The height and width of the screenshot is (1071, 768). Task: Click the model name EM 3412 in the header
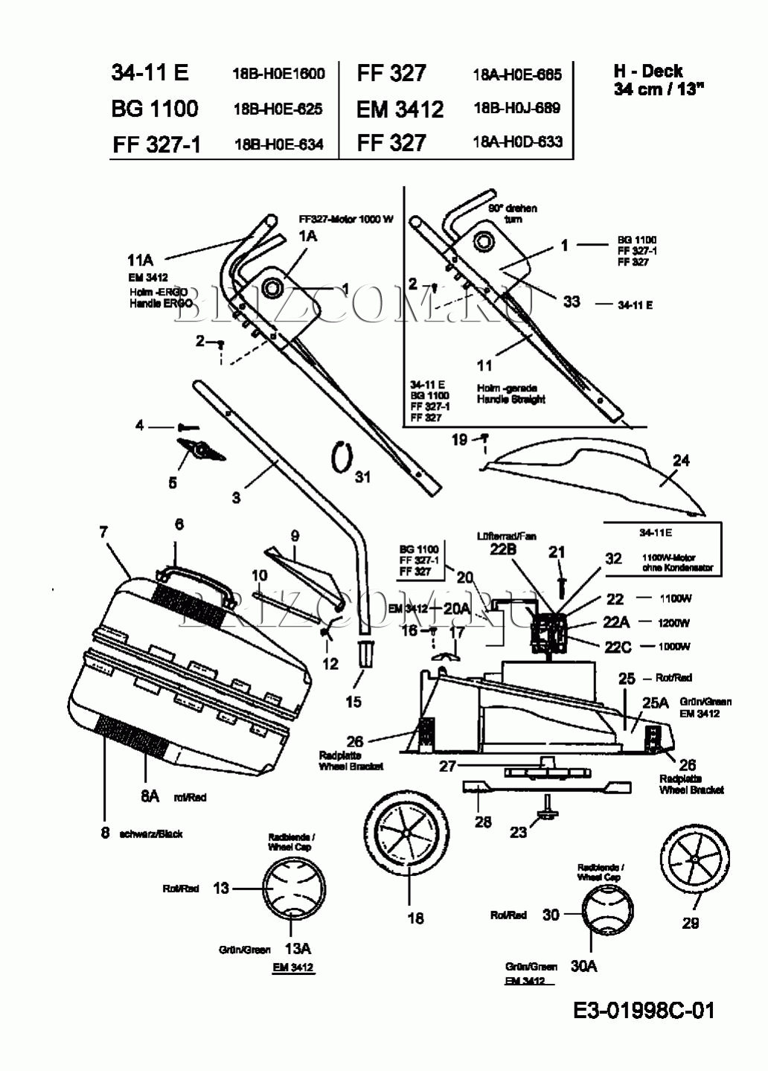pyautogui.click(x=400, y=109)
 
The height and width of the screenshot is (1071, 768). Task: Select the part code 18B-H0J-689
pyautogui.click(x=516, y=108)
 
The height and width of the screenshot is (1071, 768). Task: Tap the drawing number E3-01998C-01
pyautogui.click(x=644, y=1010)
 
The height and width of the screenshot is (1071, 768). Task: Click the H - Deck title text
pyautogui.click(x=648, y=71)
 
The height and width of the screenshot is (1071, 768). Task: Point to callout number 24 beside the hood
pyautogui.click(x=681, y=461)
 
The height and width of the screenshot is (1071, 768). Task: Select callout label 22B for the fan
pyautogui.click(x=503, y=549)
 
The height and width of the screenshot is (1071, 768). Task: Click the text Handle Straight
pyautogui.click(x=511, y=399)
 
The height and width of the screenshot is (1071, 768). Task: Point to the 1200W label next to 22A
pyautogui.click(x=673, y=623)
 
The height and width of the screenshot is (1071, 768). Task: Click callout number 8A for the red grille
pyautogui.click(x=150, y=796)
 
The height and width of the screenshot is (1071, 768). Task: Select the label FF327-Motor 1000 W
pyautogui.click(x=345, y=220)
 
